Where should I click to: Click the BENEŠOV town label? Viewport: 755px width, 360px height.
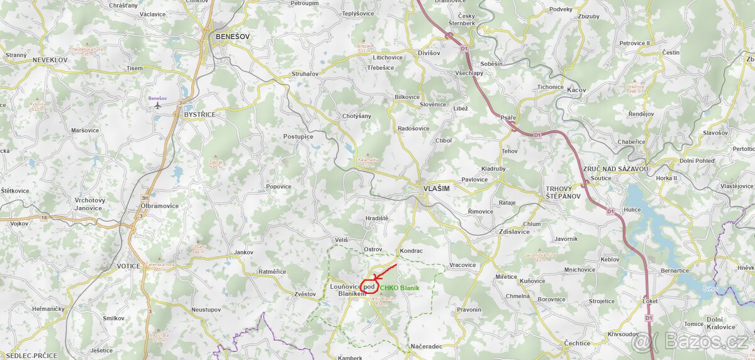[x=232, y=37]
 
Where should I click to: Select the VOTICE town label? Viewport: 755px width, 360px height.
[x=128, y=266]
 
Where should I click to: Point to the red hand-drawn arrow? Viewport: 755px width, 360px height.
[x=384, y=271]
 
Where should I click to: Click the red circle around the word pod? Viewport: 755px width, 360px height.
[x=369, y=287]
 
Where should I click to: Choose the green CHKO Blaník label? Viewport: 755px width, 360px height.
[x=400, y=288]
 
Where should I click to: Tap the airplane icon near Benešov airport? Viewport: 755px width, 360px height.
[x=157, y=106]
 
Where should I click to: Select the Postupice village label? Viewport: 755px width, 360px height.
[x=298, y=137]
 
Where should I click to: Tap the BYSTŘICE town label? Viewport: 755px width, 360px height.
[x=199, y=115]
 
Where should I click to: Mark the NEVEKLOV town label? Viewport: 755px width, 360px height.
[x=50, y=59]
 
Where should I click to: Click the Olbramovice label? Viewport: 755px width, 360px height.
[x=160, y=206]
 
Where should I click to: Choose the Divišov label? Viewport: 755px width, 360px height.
[x=429, y=53]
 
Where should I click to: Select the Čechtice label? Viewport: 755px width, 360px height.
[x=577, y=344]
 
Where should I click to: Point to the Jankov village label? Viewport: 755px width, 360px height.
[x=243, y=252]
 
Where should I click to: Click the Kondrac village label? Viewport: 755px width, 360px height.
[x=411, y=250]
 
